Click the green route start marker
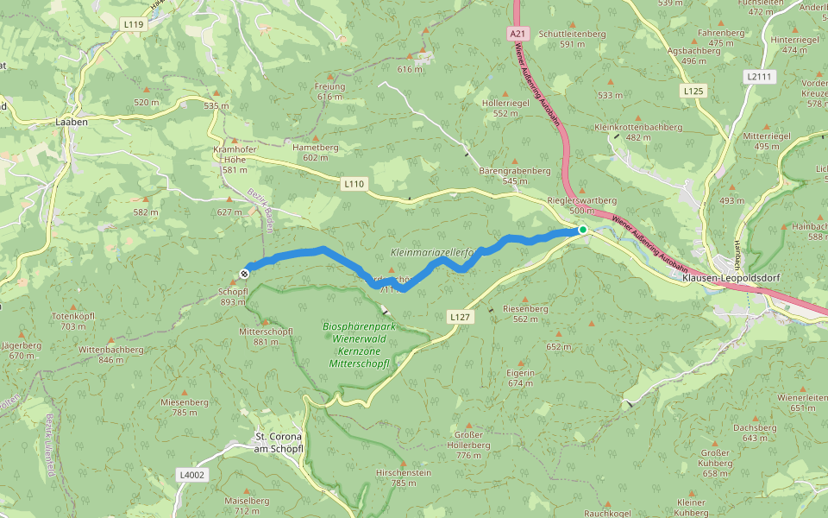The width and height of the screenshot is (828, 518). coord(583,230)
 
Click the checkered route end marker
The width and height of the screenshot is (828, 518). coord(245,274)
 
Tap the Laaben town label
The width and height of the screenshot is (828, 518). coord(72,123)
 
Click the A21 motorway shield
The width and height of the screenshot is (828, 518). coord(517,33)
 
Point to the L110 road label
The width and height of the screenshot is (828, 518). coord(354,184)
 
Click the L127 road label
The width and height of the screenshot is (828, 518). coord(460,318)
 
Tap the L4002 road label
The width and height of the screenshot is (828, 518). coord(191,474)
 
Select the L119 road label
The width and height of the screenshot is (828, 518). coord(134,25)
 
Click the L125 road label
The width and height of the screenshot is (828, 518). coord(693,91)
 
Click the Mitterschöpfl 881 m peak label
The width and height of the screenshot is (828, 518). coord(266,336)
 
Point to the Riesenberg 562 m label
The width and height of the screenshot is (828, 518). coord(525,313)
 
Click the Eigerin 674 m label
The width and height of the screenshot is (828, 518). coord(521,376)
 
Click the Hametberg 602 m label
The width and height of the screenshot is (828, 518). coord(316,152)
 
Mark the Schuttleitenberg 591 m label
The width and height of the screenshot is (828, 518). coord(572,38)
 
